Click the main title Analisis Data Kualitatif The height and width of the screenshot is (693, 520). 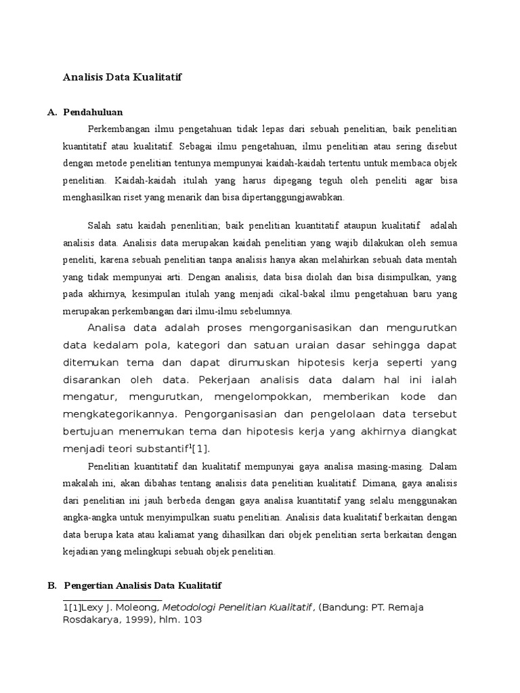123,78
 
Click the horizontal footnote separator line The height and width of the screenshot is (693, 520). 112,600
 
